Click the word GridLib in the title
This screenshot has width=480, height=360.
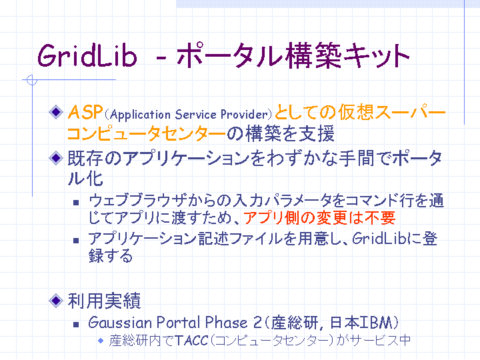click(87, 55)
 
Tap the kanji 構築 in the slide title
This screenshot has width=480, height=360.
click(313, 55)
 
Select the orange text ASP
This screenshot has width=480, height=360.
click(85, 112)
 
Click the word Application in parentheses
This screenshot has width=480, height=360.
click(140, 115)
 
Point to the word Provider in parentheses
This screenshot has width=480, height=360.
click(244, 114)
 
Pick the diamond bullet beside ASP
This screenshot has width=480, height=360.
click(56, 112)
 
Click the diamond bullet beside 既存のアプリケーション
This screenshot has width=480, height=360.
click(56, 158)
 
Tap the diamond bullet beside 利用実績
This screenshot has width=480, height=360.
click(56, 300)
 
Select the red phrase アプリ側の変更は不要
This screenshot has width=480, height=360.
click(319, 218)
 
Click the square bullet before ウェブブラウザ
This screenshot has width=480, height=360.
click(76, 203)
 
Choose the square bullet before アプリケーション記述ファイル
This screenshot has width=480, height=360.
click(76, 241)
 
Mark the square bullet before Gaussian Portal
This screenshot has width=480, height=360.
click(76, 324)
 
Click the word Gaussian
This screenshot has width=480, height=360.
click(120, 323)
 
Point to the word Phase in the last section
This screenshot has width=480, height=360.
click(226, 323)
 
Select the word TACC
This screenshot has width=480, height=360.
click(192, 340)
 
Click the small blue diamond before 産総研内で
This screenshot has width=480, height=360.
click(101, 341)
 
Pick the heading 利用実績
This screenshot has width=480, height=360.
click(104, 301)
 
